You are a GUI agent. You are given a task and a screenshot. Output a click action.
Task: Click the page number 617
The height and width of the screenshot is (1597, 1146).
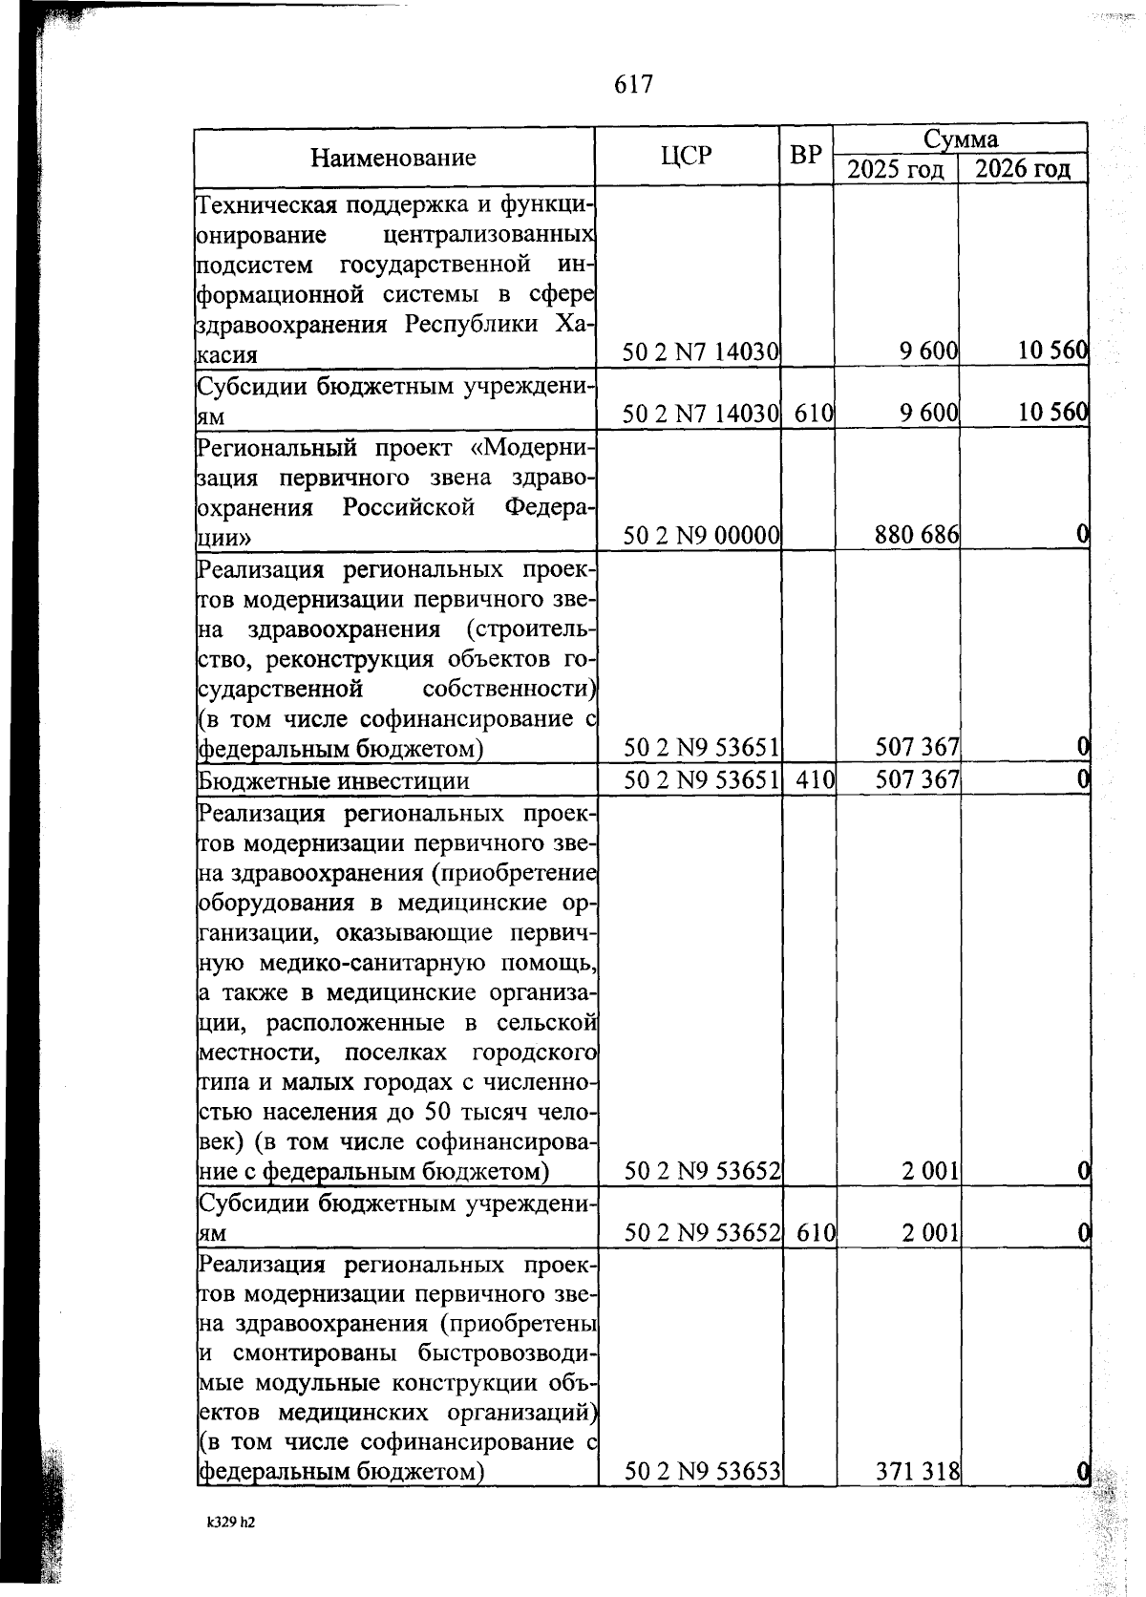click(633, 85)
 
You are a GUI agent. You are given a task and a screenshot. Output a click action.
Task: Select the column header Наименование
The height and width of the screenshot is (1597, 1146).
click(393, 158)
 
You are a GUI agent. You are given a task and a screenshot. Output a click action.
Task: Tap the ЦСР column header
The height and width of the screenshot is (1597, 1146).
click(686, 155)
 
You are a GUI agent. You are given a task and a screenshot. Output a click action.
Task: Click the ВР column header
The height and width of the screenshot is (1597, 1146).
click(806, 155)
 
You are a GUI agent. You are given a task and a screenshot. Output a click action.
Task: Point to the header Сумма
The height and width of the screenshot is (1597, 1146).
click(960, 139)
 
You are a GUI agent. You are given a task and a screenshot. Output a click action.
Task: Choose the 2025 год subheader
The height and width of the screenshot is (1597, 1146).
click(896, 170)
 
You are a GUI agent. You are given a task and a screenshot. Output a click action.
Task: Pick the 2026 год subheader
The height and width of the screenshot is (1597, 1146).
click(1023, 170)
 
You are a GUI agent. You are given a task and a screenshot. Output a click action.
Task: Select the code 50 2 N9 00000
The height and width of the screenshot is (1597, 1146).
click(702, 536)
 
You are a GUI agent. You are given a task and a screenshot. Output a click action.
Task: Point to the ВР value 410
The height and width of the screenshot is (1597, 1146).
click(815, 780)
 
